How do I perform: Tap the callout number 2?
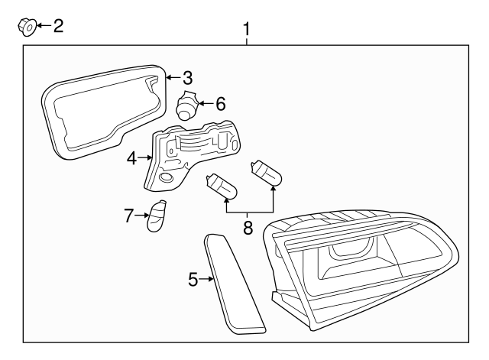click(x=57, y=26)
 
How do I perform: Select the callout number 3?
click(x=187, y=77)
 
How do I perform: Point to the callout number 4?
click(x=132, y=158)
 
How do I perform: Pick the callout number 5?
click(x=193, y=280)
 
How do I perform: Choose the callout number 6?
click(x=220, y=103)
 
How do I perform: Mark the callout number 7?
click(x=129, y=216)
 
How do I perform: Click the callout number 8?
click(x=247, y=227)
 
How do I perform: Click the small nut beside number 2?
click(x=26, y=28)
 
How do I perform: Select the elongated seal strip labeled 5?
click(x=233, y=285)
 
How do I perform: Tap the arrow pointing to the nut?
click(x=43, y=27)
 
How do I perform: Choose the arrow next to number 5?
click(x=206, y=280)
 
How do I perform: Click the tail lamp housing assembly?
click(x=359, y=268)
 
